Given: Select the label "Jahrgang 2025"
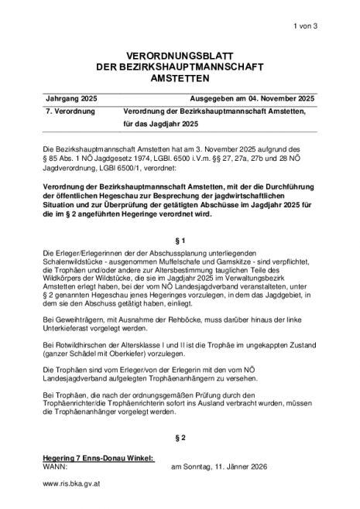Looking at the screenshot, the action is tap(72, 99).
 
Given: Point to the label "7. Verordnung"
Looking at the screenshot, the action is tap(70, 112).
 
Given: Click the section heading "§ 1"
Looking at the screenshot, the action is tap(180, 241).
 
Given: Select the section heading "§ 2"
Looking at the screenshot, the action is tap(180, 438).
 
